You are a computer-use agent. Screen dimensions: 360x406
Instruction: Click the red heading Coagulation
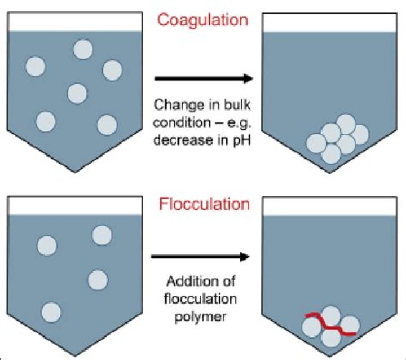tap(202, 20)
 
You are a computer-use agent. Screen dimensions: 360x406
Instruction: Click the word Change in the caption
tap(173, 105)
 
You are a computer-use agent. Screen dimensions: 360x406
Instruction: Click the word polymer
tap(202, 316)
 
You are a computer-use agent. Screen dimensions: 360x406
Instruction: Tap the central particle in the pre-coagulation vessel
tap(77, 93)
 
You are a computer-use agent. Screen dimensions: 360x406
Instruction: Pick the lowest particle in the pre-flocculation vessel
tap(51, 311)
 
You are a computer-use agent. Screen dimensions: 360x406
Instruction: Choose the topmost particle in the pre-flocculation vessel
tap(102, 235)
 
